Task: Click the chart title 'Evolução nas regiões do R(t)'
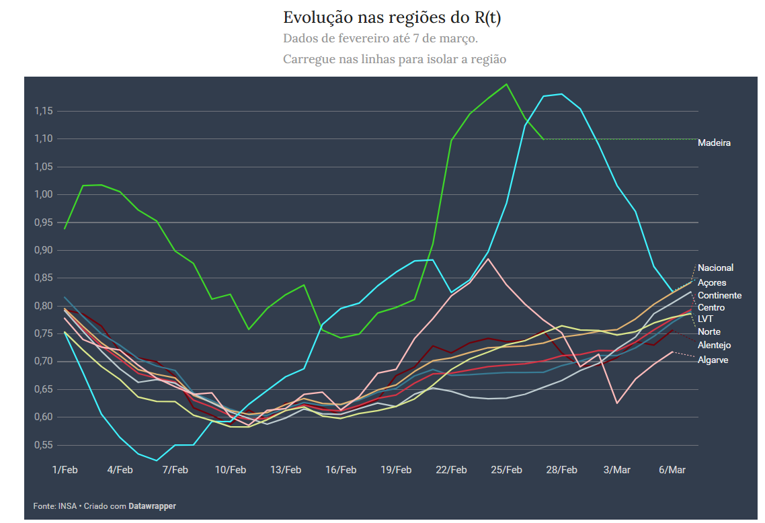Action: click(391, 17)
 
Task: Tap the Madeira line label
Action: click(714, 143)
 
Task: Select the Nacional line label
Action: click(715, 268)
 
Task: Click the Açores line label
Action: click(712, 282)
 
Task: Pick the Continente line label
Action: click(719, 295)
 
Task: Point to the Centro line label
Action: click(711, 307)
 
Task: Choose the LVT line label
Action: click(705, 319)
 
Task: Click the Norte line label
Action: click(709, 331)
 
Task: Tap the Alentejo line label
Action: click(714, 345)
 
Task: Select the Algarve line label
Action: click(713, 360)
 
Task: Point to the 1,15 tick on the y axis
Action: click(44, 111)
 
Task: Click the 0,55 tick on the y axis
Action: click(44, 445)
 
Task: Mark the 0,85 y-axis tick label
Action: click(44, 278)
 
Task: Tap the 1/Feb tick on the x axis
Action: click(65, 470)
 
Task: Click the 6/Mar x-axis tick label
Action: click(672, 470)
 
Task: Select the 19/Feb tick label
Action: click(395, 470)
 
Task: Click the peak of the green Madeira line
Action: click(506, 84)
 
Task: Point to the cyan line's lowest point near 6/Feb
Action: click(157, 460)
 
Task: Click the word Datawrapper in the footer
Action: click(152, 506)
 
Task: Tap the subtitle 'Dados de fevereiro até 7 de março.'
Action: click(380, 38)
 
